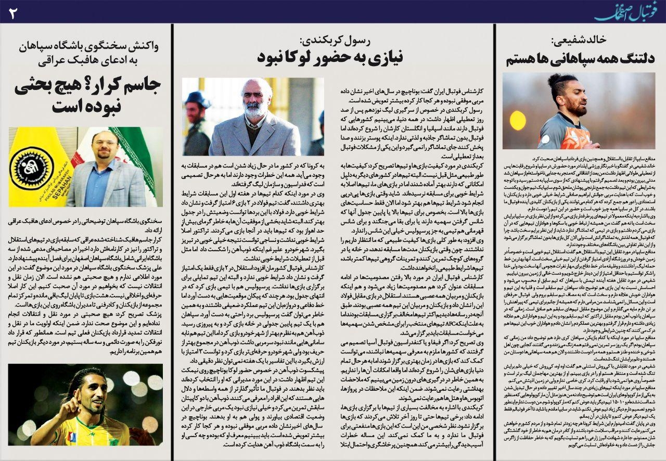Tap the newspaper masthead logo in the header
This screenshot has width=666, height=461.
[628, 11]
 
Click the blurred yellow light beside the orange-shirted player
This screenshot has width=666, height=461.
[517, 121]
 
